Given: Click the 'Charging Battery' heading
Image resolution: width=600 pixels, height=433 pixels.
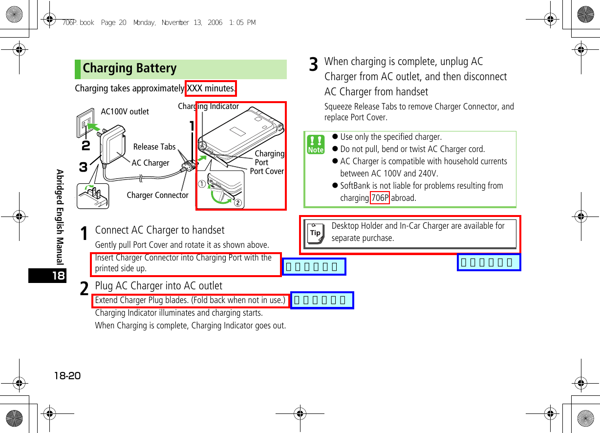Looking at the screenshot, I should [x=130, y=68].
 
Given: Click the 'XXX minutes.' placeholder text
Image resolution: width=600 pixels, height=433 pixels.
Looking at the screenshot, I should [x=211, y=88].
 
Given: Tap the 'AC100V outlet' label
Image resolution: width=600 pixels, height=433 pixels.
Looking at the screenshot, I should [x=125, y=111].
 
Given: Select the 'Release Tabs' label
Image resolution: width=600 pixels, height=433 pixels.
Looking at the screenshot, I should [x=154, y=147].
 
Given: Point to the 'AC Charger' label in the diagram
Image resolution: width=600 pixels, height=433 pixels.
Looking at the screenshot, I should [x=150, y=163].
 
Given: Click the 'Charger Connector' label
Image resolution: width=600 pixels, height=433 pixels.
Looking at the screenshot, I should [x=157, y=195].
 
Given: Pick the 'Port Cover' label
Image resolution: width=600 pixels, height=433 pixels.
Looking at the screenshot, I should [x=267, y=171].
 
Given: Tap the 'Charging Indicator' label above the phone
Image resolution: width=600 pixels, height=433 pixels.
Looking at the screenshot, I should [x=208, y=106].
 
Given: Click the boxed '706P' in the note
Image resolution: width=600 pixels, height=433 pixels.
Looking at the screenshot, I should [x=380, y=198].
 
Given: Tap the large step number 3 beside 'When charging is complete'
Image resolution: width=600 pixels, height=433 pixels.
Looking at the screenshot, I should [x=314, y=65].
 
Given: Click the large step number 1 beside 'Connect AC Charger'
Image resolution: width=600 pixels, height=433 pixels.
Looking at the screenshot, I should [x=85, y=234].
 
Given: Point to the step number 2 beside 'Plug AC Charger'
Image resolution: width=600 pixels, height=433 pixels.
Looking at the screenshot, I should [x=85, y=289].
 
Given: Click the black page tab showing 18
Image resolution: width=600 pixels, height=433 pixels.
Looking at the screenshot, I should [x=47, y=276].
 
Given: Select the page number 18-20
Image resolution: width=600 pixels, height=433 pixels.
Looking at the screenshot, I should [x=67, y=376].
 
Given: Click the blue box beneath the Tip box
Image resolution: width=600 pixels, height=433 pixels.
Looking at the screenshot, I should [x=489, y=262].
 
